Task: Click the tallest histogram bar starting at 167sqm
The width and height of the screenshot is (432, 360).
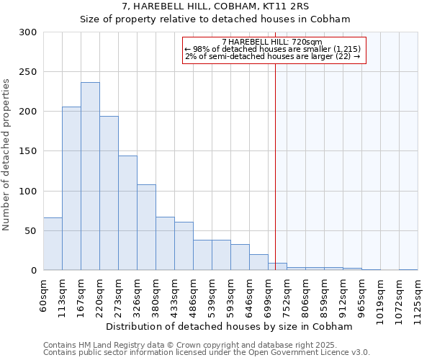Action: tap(90, 176)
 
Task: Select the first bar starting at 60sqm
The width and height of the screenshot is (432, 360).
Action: tap(53, 243)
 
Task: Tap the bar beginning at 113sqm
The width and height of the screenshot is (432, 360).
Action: tap(71, 189)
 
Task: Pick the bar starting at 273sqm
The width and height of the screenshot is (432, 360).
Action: tap(127, 213)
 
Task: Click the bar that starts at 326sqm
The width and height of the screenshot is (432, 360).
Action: tap(146, 228)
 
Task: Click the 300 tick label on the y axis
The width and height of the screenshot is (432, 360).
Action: tap(28, 32)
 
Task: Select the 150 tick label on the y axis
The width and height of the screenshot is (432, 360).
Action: tap(28, 151)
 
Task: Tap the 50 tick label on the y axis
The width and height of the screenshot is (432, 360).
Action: tap(31, 231)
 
